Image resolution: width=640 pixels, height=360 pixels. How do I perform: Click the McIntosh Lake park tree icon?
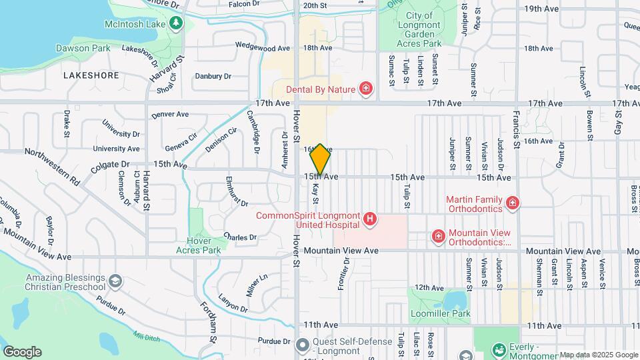pyautogui.click(x=176, y=24)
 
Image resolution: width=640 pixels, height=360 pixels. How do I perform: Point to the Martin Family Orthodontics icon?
pyautogui.click(x=512, y=203)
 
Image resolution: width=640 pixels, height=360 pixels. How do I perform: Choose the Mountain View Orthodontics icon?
pyautogui.click(x=439, y=236)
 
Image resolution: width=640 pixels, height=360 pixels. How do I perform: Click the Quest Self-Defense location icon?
pyautogui.click(x=302, y=345)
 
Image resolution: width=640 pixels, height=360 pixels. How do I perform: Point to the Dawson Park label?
pyautogui.click(x=83, y=48)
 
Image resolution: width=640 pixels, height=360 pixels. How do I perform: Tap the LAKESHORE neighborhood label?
pyautogui.click(x=91, y=75)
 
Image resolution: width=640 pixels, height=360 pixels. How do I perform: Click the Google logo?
pyautogui.click(x=22, y=352)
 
